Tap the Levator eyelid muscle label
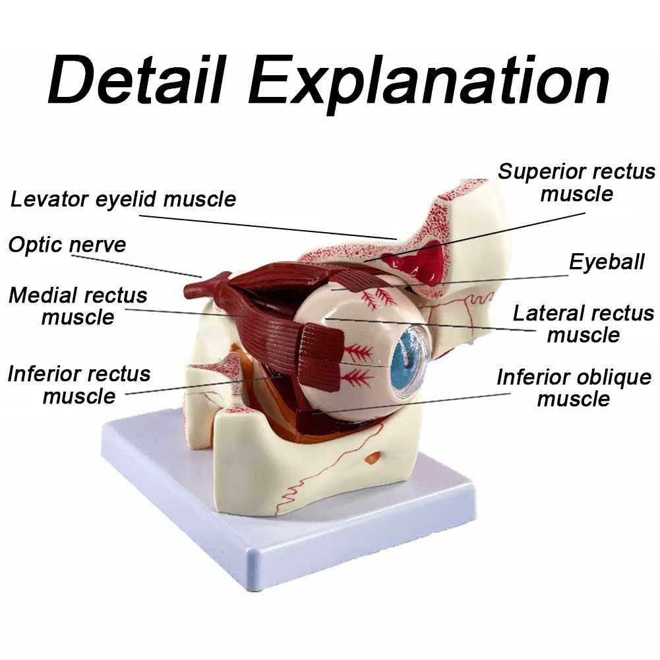(x=123, y=198)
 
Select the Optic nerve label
(x=67, y=245)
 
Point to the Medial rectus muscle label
(x=78, y=305)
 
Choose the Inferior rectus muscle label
(x=79, y=384)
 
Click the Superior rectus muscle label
(x=577, y=183)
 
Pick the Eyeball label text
(x=607, y=262)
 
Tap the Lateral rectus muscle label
(x=584, y=323)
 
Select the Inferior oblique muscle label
(x=574, y=388)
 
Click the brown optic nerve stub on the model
(x=198, y=287)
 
